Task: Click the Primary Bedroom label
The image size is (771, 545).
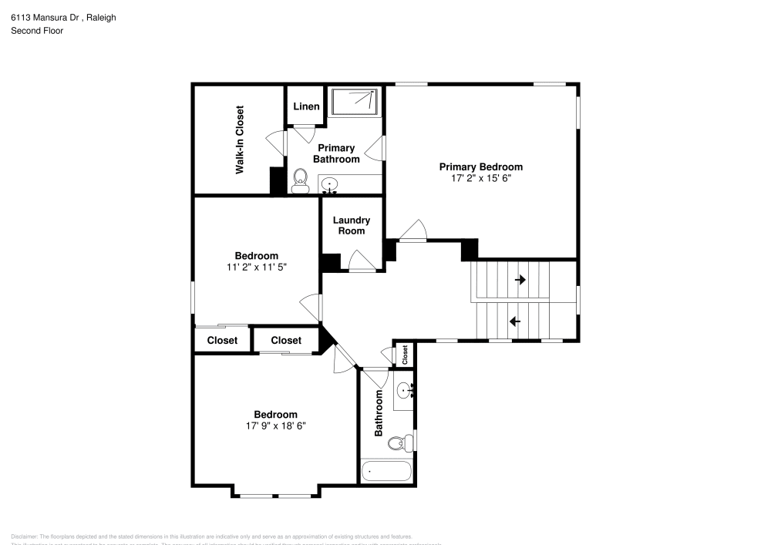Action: pos(480,167)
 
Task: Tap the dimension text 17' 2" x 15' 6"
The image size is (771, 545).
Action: pos(480,177)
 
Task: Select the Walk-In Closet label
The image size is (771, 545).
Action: pos(240,140)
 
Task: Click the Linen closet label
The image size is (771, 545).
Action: pos(306,106)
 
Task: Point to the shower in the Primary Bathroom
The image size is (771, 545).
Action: pos(355,102)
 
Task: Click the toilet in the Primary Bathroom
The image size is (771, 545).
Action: pos(300,180)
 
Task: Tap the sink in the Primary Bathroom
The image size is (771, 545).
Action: pos(329,185)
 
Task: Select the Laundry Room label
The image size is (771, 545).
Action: pos(352,225)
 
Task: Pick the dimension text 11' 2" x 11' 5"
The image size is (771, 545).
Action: pos(256,267)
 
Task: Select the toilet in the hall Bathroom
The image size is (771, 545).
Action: pos(397,443)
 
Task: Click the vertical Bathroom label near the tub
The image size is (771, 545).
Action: pos(379,413)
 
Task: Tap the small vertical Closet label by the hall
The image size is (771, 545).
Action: pos(405,355)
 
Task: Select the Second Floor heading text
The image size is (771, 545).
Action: pos(37,31)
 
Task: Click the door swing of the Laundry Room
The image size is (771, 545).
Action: pos(360,261)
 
